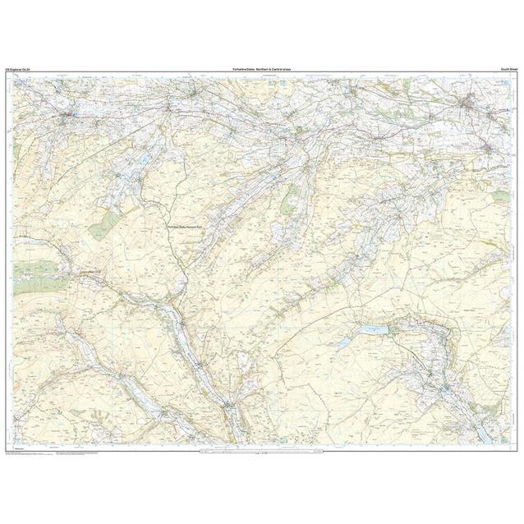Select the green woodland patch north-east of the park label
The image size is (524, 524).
tap(289, 200)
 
